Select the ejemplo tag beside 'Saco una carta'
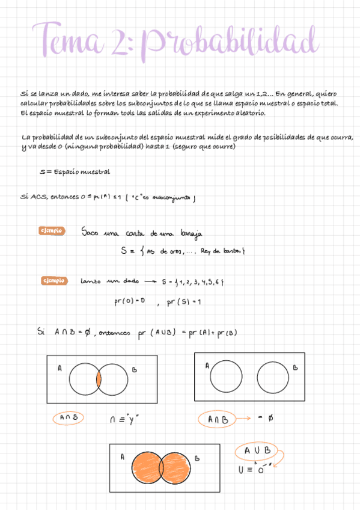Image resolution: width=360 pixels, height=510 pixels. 51,231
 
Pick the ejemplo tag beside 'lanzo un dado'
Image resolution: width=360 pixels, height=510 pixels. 53,280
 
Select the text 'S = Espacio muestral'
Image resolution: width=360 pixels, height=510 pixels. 74,171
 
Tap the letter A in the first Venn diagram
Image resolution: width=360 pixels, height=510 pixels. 59,369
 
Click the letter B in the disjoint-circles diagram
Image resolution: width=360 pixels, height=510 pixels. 295,367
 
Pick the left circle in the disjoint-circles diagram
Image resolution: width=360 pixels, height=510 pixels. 227,377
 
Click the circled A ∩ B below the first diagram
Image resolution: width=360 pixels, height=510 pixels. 69,417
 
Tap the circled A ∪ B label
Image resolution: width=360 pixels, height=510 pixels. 258,450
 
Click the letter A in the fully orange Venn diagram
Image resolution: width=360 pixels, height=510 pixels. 122,457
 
